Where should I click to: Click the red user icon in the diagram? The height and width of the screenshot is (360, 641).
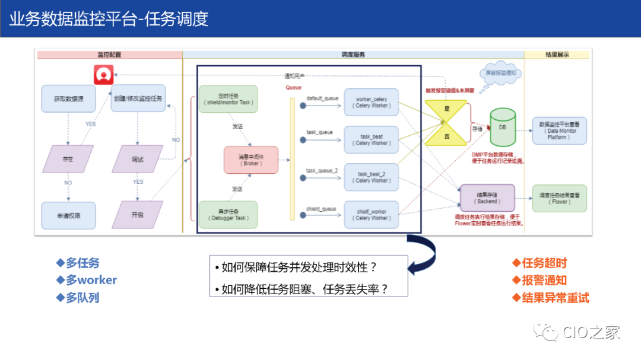pyautogui.click(x=104, y=75)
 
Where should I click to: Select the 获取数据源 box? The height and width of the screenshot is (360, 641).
pyautogui.click(x=68, y=98)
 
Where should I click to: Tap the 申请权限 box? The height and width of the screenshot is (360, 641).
pyautogui.click(x=68, y=215)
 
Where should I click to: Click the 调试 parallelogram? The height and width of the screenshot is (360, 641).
pyautogui.click(x=138, y=159)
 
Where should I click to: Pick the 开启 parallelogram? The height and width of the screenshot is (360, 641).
pyautogui.click(x=138, y=215)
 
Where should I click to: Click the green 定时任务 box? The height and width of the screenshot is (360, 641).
pyautogui.click(x=228, y=98)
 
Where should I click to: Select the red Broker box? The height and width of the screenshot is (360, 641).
pyautogui.click(x=250, y=160)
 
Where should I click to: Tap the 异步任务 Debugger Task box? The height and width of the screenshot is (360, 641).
pyautogui.click(x=228, y=215)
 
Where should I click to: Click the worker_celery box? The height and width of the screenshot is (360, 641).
pyautogui.click(x=371, y=102)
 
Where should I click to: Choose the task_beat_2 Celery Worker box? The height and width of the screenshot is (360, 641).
pyautogui.click(x=371, y=177)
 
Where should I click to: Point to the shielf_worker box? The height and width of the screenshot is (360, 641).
pyautogui.click(x=371, y=215)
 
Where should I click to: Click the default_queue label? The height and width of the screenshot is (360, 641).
pyautogui.click(x=322, y=98)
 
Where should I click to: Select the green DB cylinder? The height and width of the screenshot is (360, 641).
pyautogui.click(x=502, y=127)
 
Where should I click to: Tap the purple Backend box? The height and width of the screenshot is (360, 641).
pyautogui.click(x=487, y=198)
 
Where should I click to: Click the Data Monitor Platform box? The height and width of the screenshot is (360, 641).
pyautogui.click(x=559, y=130)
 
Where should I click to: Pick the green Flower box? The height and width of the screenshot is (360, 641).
pyautogui.click(x=559, y=198)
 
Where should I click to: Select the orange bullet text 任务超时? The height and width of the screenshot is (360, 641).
pyautogui.click(x=544, y=263)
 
